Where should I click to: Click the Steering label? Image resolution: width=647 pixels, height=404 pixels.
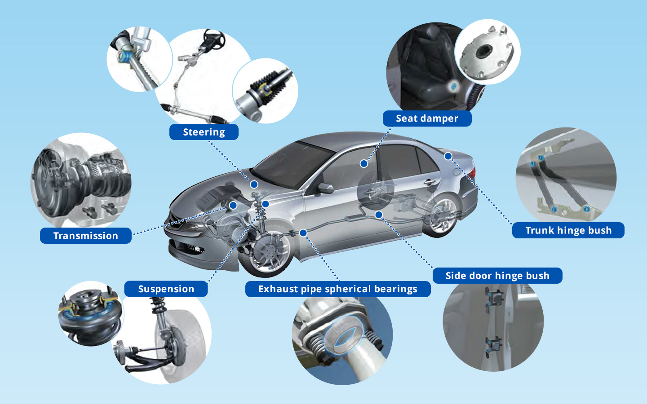click(x=204, y=132)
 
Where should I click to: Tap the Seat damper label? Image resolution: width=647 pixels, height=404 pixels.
click(x=427, y=119)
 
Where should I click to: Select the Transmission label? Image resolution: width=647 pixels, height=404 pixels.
click(x=86, y=236)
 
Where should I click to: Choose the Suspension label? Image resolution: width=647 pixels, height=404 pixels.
click(x=166, y=289)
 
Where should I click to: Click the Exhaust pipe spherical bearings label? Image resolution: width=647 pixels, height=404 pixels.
click(x=338, y=289)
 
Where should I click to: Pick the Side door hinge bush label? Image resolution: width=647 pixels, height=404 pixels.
click(x=497, y=276)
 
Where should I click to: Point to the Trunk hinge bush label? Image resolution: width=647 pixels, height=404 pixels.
click(x=568, y=230)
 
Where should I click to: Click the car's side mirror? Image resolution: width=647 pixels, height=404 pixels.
click(x=325, y=188)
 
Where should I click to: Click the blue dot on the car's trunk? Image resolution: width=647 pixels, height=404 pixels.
click(x=448, y=156)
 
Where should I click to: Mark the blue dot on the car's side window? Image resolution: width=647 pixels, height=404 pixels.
click(x=364, y=163)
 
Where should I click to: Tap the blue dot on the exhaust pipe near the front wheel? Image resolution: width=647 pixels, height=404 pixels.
click(x=303, y=233)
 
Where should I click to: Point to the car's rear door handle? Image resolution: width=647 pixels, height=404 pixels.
click(x=430, y=182)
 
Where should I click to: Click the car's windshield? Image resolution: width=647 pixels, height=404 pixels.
click(x=292, y=164)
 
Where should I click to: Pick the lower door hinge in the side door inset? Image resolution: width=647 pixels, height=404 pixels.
click(x=494, y=346)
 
